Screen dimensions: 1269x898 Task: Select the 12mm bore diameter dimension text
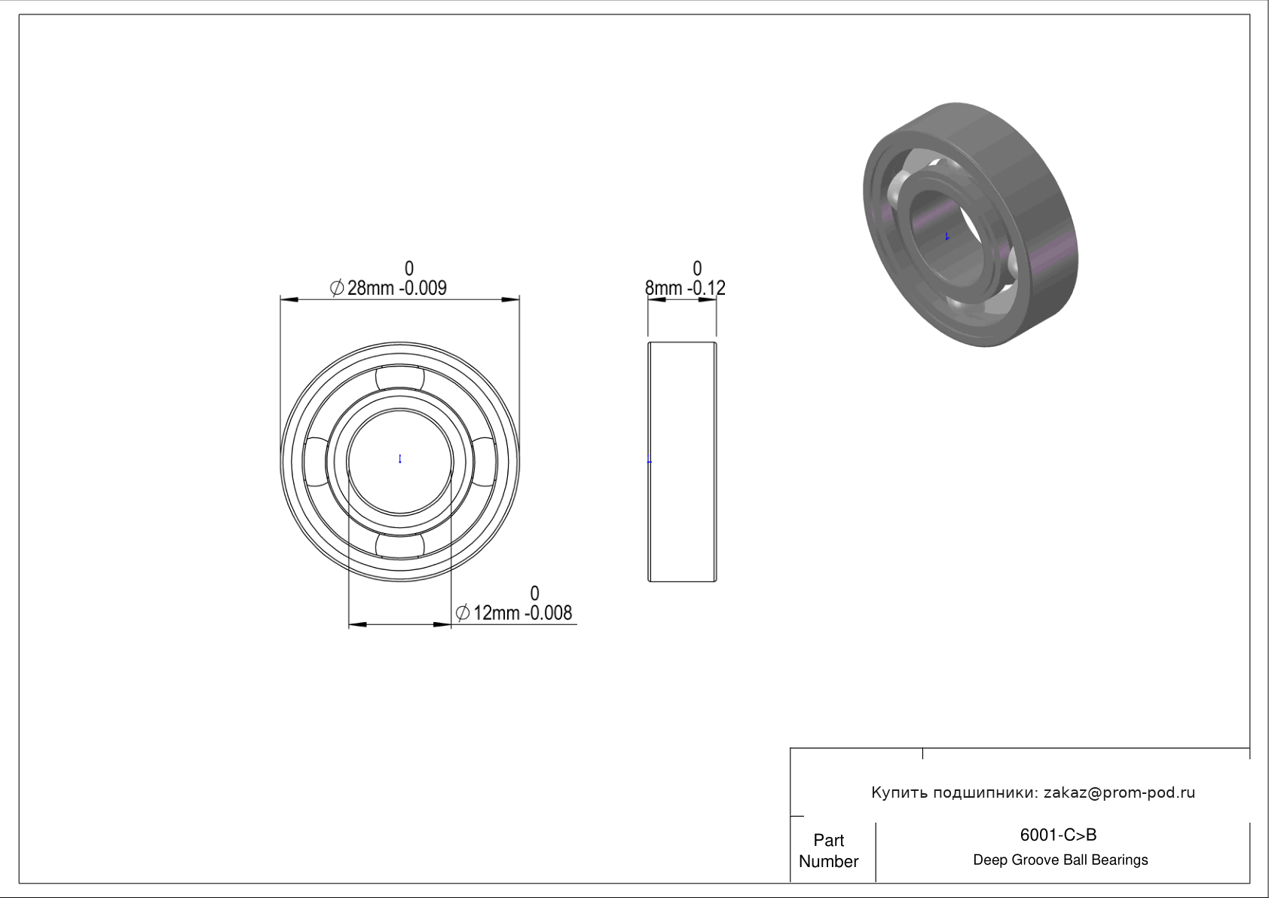pos(514,613)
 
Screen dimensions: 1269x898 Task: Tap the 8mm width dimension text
pos(685,288)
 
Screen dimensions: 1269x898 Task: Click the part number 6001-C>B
pos(1058,835)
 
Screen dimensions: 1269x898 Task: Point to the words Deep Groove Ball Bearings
pos(1060,860)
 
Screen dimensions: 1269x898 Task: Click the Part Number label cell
pos(829,850)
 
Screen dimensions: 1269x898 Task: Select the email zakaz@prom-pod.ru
pos(1120,792)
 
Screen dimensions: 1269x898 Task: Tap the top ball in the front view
pos(400,379)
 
